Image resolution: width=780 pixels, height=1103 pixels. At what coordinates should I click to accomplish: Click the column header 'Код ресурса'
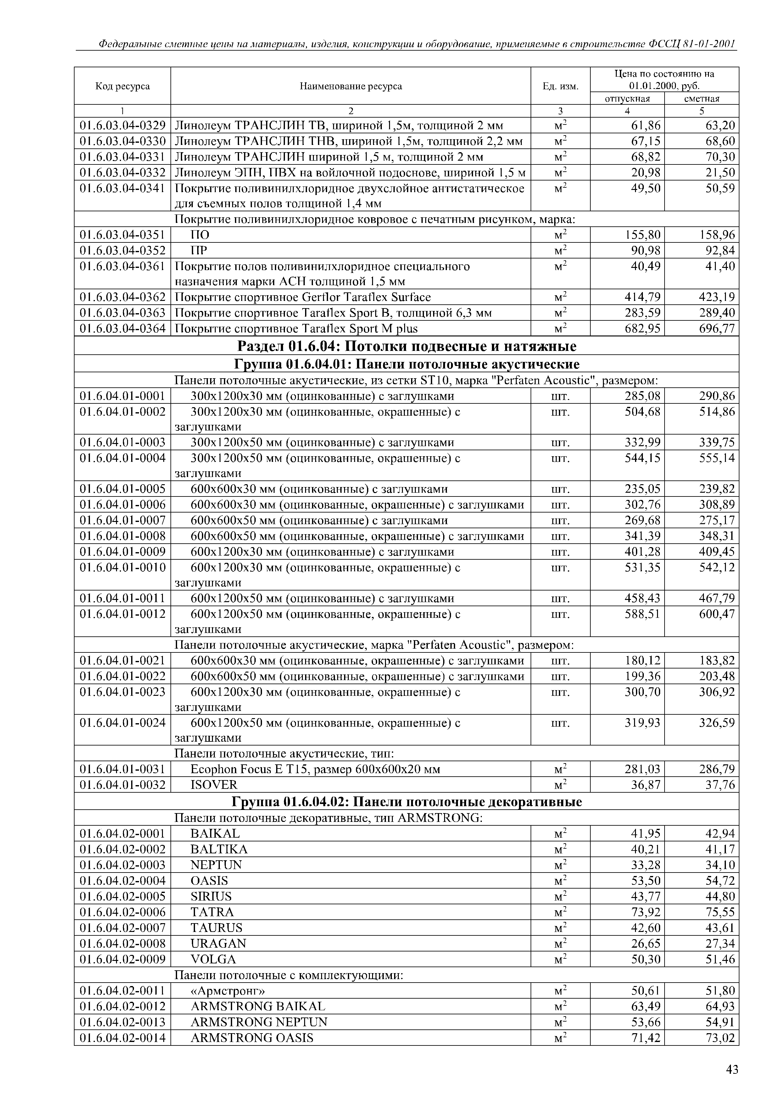coord(123,86)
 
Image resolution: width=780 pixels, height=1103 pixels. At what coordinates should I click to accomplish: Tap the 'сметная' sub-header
coord(702,98)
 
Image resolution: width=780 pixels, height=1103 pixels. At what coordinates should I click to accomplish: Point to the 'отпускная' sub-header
coord(627,98)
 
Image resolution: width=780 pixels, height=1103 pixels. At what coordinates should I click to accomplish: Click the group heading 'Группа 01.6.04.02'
coord(407,802)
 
